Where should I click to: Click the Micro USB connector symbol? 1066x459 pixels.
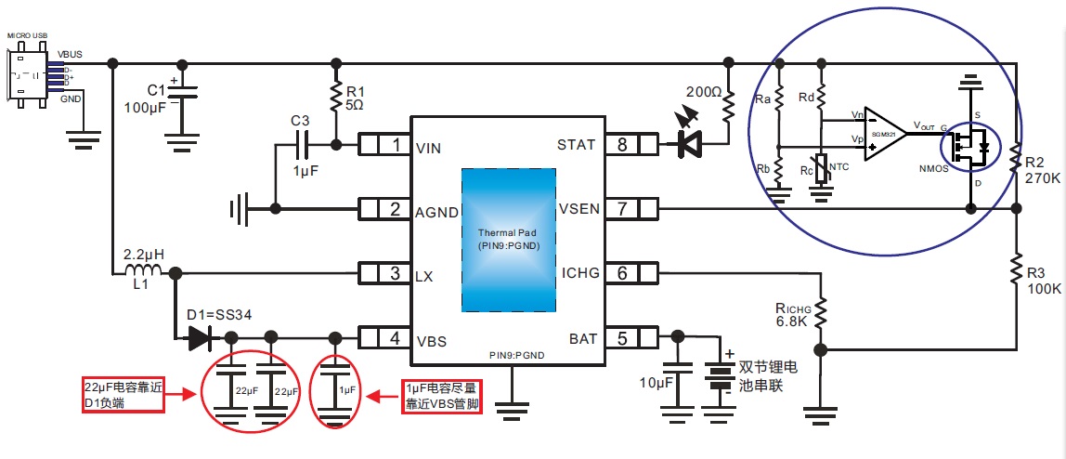[25, 74]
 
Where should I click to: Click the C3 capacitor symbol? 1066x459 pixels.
[300, 146]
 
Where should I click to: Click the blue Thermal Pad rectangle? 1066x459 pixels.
[509, 240]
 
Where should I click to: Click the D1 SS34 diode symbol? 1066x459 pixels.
[200, 338]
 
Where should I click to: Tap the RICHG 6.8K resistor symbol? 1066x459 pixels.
[820, 312]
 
